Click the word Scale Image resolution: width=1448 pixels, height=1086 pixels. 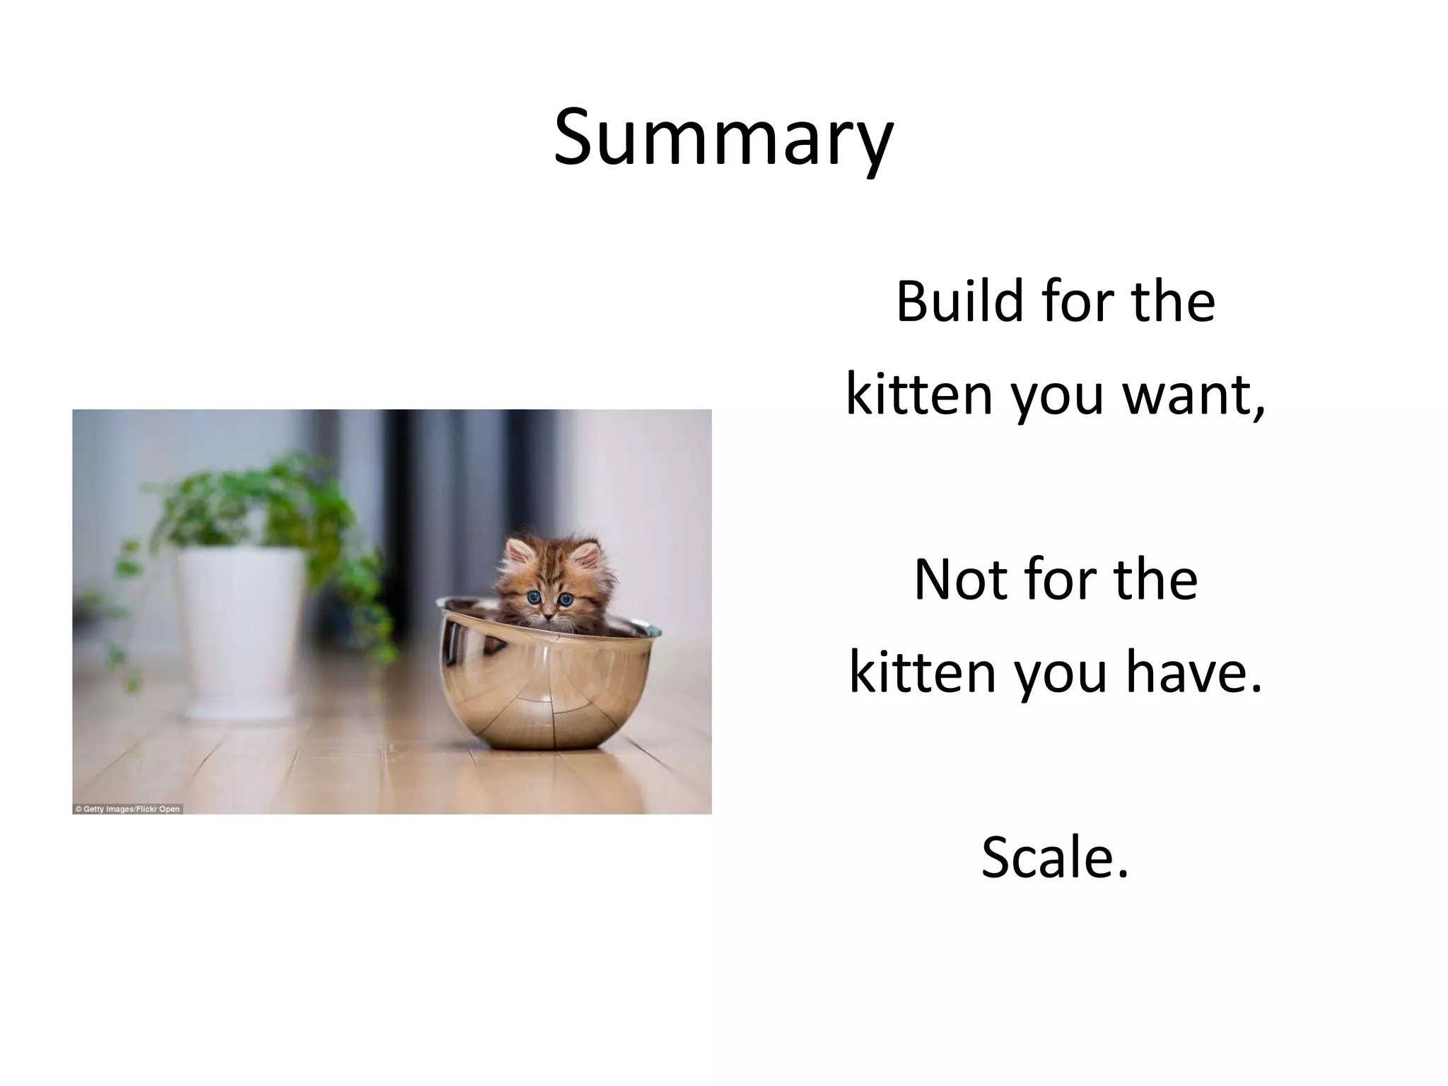click(1053, 858)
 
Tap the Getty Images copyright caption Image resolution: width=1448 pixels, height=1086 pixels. click(128, 809)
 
